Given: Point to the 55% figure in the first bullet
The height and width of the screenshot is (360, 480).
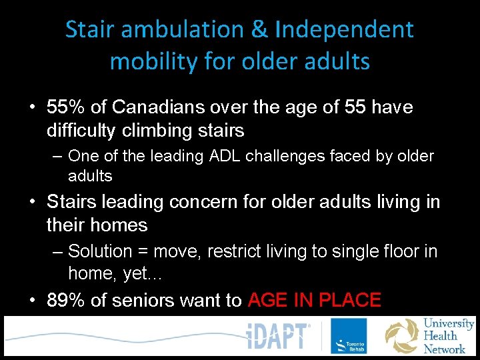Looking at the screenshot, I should tap(65, 107).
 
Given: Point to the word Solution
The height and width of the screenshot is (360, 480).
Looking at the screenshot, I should tap(100, 251).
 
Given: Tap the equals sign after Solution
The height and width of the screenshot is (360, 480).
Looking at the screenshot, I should tap(143, 251).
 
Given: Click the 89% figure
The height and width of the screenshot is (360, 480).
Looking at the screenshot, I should tap(65, 301).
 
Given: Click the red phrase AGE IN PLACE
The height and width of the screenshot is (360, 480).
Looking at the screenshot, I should tap(314, 301).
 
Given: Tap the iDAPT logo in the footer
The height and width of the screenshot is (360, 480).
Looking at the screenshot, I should tap(279, 336).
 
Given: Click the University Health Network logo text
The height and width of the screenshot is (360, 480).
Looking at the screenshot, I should tap(448, 336).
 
